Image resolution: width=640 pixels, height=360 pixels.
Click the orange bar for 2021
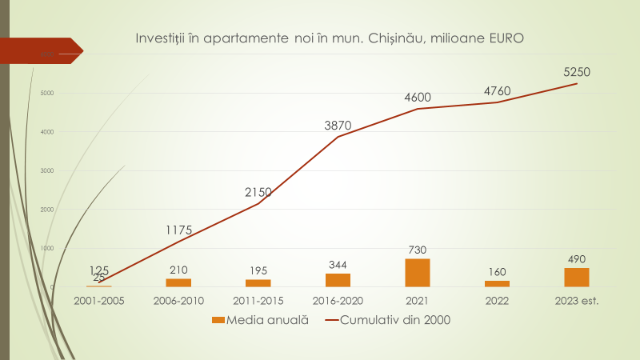418,273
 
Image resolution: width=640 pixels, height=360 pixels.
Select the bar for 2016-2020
338,280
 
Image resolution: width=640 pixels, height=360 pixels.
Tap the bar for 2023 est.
577,277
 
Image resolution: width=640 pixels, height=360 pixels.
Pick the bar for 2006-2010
178,282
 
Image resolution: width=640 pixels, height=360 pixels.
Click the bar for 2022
497,283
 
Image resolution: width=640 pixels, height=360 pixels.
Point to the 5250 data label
577,72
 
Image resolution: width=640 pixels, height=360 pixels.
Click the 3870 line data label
338,125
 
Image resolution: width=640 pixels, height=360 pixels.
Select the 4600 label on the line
418,98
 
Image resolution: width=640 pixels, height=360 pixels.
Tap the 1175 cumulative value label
179,230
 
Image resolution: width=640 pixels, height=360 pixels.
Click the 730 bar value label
418,250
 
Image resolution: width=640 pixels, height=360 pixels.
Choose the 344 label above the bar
338,265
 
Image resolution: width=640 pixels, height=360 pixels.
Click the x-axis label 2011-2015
258,301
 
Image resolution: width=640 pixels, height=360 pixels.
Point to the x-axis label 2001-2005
99,301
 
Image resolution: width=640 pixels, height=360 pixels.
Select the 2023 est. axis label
577,301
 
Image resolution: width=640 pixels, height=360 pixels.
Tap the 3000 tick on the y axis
47,171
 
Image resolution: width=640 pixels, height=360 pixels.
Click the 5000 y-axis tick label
47,94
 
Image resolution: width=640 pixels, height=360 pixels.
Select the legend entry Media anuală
260,321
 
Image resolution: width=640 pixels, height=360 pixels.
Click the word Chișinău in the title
397,38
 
